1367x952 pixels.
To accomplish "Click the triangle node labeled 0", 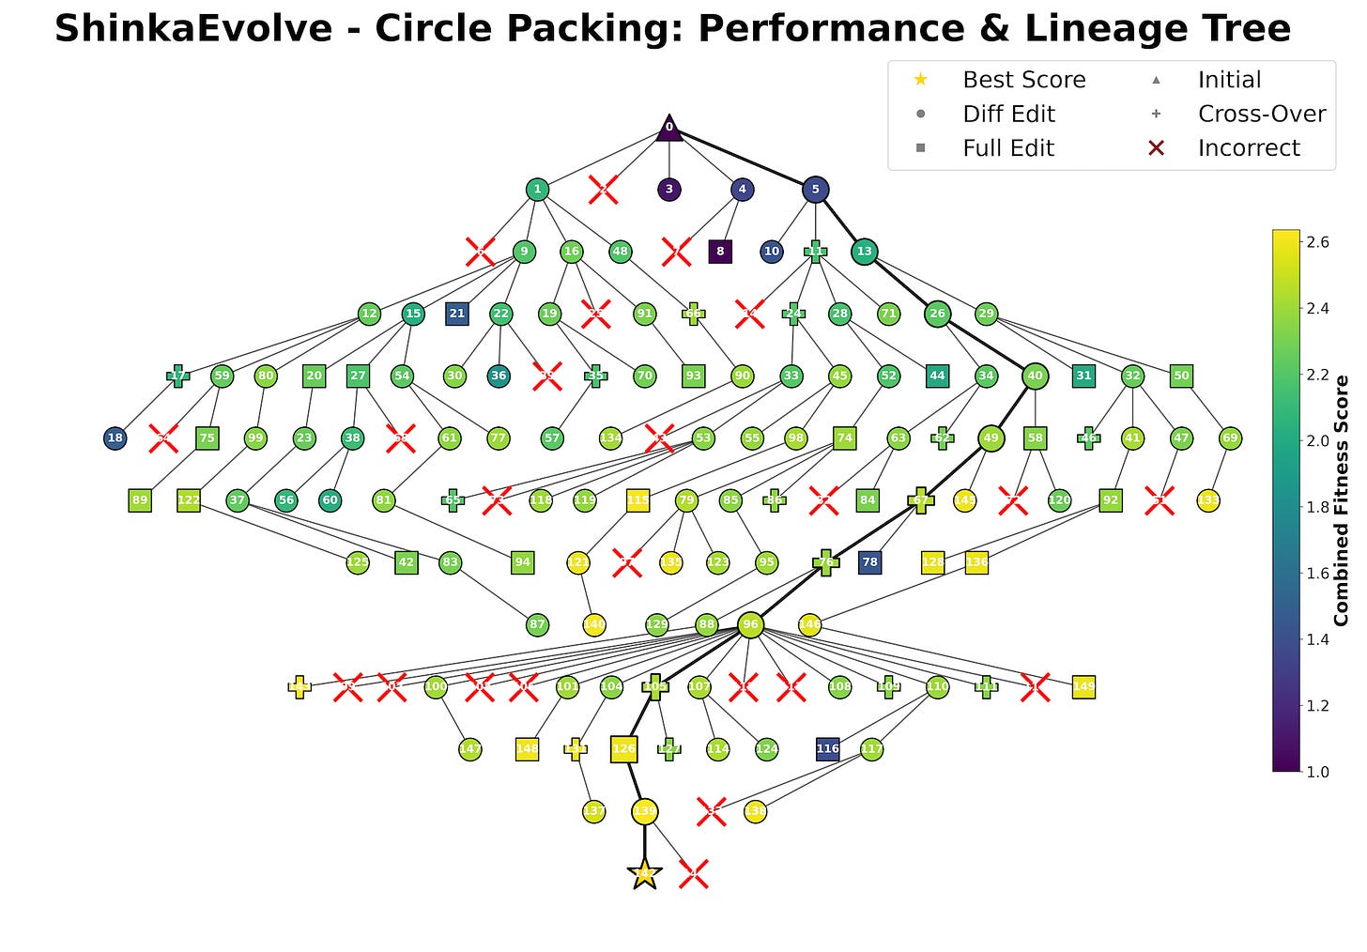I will [x=668, y=128].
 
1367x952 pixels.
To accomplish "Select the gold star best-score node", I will [x=644, y=874].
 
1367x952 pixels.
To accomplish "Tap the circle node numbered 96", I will [x=749, y=624].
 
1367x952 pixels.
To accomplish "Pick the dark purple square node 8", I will [x=720, y=252].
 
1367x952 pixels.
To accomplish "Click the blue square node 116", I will [x=827, y=749].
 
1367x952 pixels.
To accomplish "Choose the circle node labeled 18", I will [x=115, y=438].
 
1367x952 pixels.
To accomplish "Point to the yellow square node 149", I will [x=1083, y=687].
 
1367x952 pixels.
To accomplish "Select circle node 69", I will [x=1230, y=438].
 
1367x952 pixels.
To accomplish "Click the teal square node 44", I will [x=937, y=376].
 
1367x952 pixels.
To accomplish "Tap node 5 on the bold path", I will [x=815, y=190].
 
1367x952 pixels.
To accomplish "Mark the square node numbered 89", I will [x=140, y=500].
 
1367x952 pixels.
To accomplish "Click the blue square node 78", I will [x=870, y=562].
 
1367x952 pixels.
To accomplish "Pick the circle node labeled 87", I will [x=537, y=624].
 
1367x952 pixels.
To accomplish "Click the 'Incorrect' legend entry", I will [x=1248, y=148].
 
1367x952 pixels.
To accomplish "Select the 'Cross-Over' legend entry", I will [x=1261, y=115].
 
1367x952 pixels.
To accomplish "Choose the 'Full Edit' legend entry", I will [x=1007, y=148].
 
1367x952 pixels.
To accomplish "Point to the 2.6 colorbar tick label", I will [x=1317, y=242].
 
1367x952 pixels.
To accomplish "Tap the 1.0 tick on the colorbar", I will [x=1317, y=772].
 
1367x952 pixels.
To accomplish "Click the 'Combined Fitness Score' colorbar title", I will [x=1341, y=500].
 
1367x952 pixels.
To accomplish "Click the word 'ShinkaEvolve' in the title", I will [x=192, y=29].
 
